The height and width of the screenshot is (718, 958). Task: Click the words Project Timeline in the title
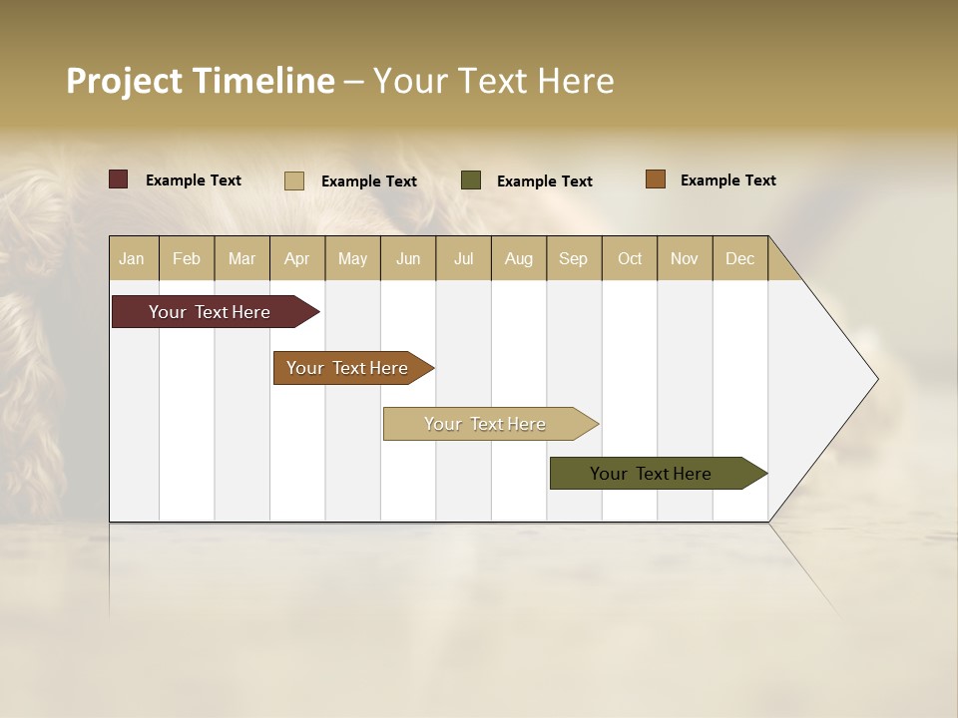[200, 81]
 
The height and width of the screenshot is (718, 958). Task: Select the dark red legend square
[118, 179]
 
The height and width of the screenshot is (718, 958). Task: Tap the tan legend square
[293, 180]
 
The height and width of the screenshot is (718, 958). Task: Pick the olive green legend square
[471, 180]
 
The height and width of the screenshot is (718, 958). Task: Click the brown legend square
[655, 179]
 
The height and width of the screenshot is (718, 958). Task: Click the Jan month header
[132, 258]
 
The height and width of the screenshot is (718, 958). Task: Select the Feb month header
[187, 258]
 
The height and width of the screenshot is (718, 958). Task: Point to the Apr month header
[297, 258]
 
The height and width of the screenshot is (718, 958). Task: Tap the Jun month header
[408, 258]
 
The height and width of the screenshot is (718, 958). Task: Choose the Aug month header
[519, 258]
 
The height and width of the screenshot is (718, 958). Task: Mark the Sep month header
[573, 258]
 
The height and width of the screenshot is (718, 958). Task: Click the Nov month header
[685, 258]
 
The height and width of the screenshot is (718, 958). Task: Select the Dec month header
[739, 258]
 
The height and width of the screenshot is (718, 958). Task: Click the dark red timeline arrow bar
[210, 312]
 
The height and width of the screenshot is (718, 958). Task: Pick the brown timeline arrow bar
[347, 368]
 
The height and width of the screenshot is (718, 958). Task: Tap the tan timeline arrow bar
[485, 424]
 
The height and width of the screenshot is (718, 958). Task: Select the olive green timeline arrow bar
[651, 474]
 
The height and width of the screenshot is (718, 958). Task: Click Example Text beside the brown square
[727, 180]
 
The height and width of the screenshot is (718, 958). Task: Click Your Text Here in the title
[494, 81]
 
